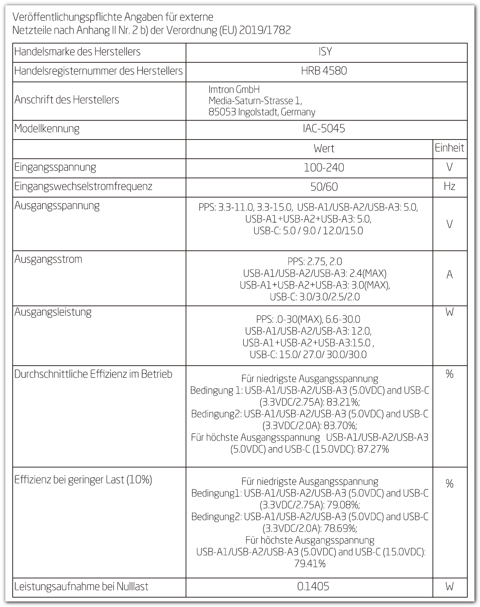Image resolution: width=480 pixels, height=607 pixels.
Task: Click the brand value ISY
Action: (x=325, y=52)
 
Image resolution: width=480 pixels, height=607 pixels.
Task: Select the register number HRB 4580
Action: (x=324, y=71)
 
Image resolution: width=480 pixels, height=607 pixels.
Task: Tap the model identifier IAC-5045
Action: (x=324, y=129)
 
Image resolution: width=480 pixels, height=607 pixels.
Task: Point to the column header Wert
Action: (x=324, y=148)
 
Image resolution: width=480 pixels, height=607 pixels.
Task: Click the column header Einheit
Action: (x=449, y=148)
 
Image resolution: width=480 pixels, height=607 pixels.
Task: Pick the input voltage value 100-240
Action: (x=324, y=167)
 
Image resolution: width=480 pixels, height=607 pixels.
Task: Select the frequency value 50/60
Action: (x=324, y=187)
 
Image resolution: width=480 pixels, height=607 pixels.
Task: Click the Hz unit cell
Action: (x=449, y=186)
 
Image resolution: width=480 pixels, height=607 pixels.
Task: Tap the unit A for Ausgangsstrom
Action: (x=449, y=275)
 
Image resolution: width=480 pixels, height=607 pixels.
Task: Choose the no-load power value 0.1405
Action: (x=313, y=586)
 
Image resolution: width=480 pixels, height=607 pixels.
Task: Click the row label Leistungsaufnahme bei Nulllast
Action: (x=82, y=586)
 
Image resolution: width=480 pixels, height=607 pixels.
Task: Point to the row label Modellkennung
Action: (x=47, y=129)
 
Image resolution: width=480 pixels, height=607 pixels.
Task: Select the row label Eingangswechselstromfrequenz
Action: (x=83, y=186)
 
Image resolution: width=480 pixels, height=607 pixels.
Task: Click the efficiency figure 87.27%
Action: (x=373, y=449)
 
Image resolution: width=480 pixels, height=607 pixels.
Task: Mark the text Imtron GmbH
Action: (x=234, y=90)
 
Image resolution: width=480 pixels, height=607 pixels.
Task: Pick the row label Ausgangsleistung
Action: (x=53, y=312)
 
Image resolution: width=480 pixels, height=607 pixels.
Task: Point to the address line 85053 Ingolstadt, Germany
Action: (x=262, y=112)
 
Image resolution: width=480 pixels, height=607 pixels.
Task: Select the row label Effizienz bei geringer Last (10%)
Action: (x=83, y=480)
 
